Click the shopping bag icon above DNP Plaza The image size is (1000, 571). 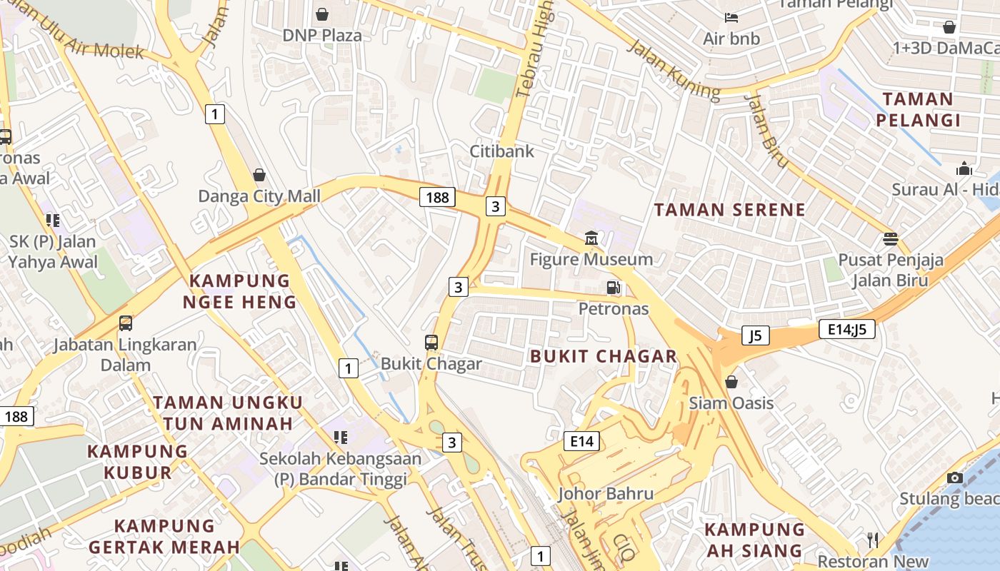[322, 14]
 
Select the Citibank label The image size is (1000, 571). [501, 151]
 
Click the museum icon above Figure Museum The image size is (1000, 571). [591, 238]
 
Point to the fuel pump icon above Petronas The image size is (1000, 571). [613, 288]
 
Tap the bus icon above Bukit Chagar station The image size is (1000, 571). [431, 342]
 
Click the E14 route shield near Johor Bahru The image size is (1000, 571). [581, 441]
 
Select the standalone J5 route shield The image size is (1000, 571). [755, 335]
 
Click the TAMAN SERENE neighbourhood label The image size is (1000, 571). [729, 210]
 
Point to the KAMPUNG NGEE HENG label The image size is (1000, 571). [239, 291]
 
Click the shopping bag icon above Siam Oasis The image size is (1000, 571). [731, 382]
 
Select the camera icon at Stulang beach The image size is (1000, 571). [955, 477]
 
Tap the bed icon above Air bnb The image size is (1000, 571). [731, 17]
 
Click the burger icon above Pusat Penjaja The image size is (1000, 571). [890, 238]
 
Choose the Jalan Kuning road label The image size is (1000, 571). [674, 69]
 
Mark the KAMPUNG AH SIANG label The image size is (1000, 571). [754, 540]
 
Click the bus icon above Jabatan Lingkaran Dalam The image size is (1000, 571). [126, 323]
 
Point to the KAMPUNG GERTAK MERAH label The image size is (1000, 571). [164, 537]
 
